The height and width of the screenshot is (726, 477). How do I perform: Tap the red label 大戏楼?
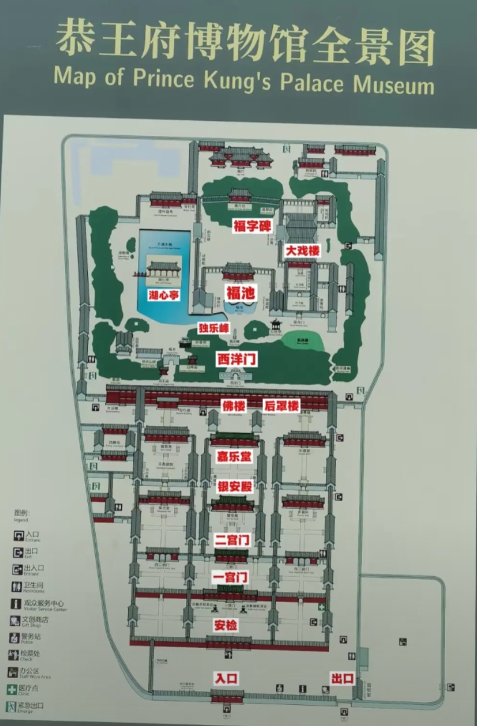[x=302, y=250]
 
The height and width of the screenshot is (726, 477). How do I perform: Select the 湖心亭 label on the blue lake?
[x=164, y=295]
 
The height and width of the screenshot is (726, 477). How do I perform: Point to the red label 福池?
[x=241, y=293]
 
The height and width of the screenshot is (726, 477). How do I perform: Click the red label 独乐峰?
[x=214, y=328]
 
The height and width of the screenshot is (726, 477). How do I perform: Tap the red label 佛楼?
[x=234, y=405]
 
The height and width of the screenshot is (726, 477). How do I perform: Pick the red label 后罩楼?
[x=281, y=405]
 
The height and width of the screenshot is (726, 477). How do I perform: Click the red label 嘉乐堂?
[x=234, y=457]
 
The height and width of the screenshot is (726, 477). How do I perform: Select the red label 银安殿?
[x=234, y=487]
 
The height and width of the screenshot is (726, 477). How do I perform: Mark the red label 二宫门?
[x=232, y=540]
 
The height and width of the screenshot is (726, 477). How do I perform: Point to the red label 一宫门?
[x=231, y=577]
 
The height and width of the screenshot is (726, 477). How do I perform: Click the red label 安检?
[x=226, y=626]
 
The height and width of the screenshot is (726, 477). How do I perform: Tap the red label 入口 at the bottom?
[x=226, y=678]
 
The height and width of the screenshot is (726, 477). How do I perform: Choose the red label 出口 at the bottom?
[x=342, y=678]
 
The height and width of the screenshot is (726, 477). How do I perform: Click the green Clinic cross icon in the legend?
[x=12, y=689]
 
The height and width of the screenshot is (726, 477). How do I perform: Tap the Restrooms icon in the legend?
[x=16, y=586]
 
